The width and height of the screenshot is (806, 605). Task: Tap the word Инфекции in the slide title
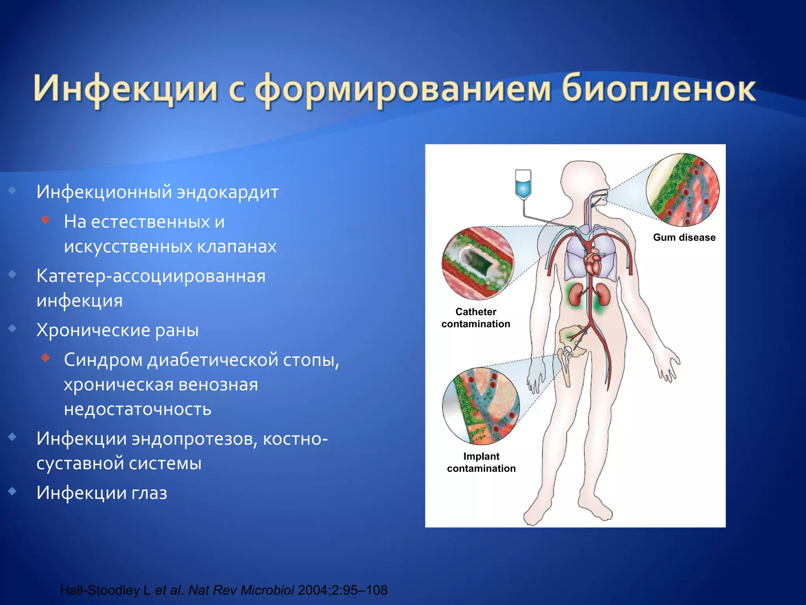[x=125, y=89]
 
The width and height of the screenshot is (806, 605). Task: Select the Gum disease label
[x=684, y=238]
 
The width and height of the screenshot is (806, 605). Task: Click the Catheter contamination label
[x=475, y=318]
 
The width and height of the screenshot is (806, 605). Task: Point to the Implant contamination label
[x=481, y=462]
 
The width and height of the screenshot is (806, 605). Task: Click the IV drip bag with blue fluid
[x=523, y=184]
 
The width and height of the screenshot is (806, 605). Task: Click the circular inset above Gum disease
[x=682, y=190]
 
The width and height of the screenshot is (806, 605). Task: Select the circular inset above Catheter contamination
[x=477, y=263]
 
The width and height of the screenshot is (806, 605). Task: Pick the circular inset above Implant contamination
[x=481, y=406]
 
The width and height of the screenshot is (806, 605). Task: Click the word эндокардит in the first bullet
[x=227, y=192]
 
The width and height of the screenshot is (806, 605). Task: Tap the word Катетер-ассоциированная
[x=151, y=276]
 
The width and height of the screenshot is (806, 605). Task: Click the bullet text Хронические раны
[x=117, y=330]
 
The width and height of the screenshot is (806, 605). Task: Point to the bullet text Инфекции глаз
[x=102, y=493]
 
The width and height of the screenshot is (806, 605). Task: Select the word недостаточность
[x=138, y=409]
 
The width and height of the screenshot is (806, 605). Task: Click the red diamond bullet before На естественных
[x=46, y=219]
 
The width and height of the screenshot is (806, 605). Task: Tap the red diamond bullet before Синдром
[x=46, y=358]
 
